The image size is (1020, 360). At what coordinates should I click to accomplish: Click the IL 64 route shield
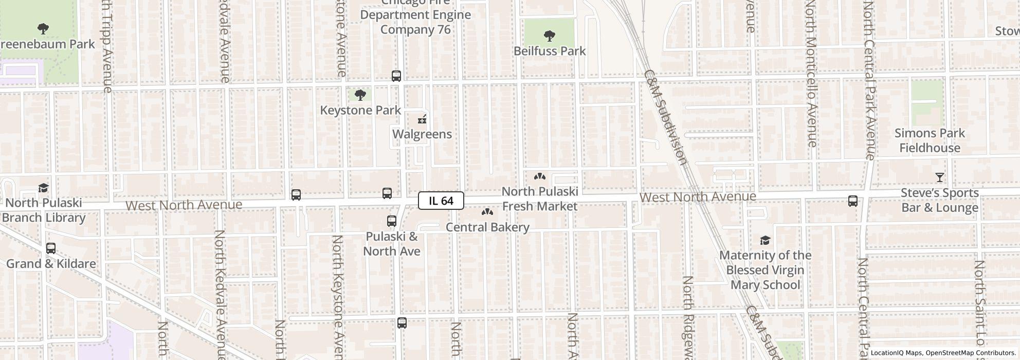(x=441, y=201)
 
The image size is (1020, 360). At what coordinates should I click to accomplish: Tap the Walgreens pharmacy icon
(x=422, y=120)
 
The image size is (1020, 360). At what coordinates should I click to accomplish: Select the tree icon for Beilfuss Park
(x=549, y=36)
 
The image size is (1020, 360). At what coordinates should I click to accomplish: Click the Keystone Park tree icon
(x=360, y=95)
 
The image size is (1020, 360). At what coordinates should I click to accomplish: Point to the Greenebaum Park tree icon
(x=44, y=29)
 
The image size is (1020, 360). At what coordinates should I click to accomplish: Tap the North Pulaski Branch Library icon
(x=44, y=188)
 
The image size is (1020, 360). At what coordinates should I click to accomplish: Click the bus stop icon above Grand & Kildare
(x=51, y=248)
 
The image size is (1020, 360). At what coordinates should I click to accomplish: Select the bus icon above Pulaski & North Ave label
(x=392, y=221)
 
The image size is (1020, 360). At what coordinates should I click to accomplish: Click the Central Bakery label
(x=487, y=227)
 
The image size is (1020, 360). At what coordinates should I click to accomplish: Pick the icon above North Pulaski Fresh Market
(x=539, y=176)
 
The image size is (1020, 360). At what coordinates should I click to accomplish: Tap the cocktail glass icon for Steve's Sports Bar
(x=939, y=178)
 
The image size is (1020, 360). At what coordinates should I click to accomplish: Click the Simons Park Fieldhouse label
(x=930, y=140)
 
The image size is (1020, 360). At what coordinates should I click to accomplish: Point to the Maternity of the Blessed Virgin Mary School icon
(x=765, y=240)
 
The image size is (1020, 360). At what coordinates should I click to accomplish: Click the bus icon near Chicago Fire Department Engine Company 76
(x=396, y=76)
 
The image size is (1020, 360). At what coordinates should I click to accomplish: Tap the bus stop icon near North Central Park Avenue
(x=853, y=201)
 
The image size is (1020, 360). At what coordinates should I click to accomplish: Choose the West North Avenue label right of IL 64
(x=698, y=197)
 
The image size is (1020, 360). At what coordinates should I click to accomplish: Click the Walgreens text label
(x=422, y=134)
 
